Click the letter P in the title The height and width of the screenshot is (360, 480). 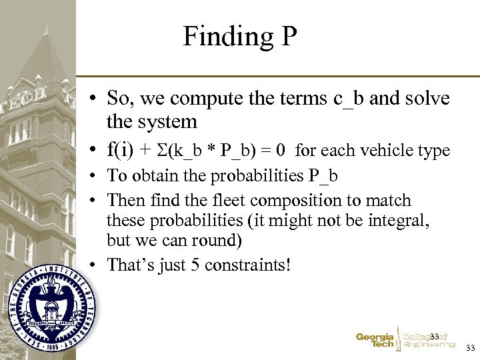288,36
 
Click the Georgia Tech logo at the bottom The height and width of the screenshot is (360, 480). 375,341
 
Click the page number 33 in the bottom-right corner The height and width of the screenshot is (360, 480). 470,348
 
